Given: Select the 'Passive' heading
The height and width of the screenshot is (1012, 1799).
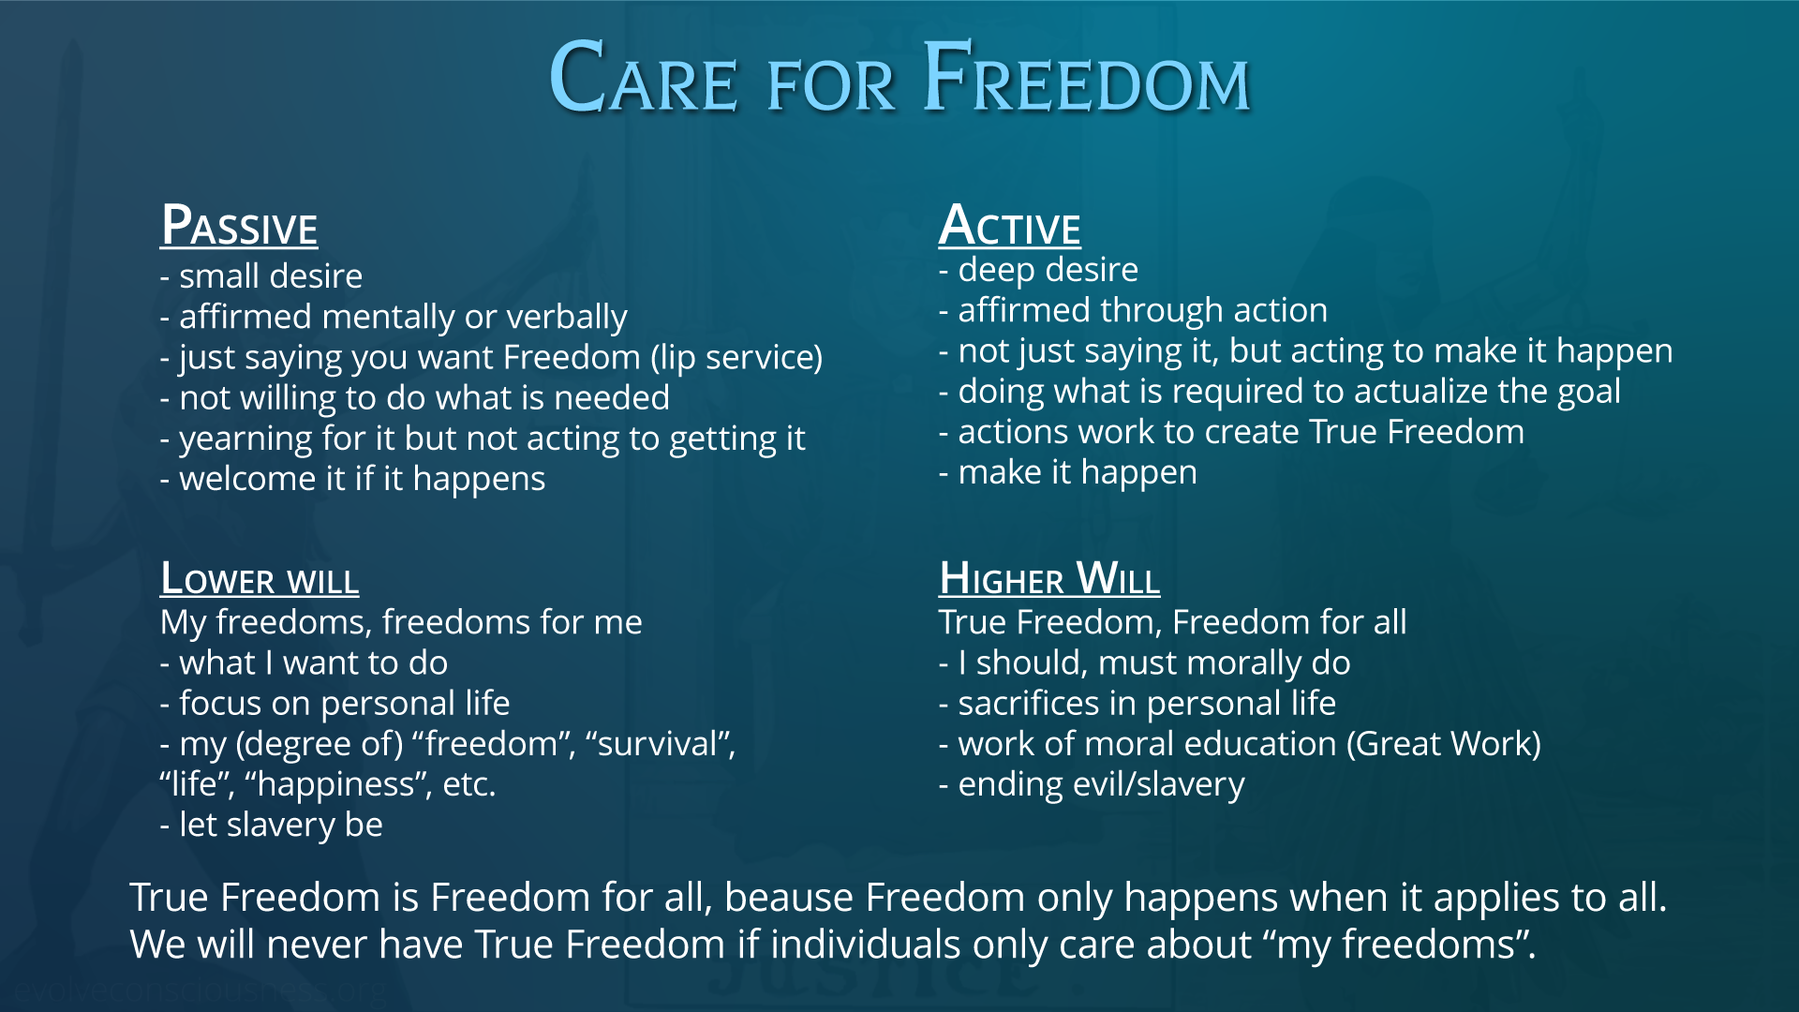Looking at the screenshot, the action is (x=239, y=226).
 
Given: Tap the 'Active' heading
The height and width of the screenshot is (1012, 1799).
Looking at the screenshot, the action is (x=1010, y=226).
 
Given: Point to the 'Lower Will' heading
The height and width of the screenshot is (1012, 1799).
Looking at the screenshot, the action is (x=260, y=578).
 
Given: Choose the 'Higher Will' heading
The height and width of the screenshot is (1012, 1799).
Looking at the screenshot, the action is (x=1049, y=578).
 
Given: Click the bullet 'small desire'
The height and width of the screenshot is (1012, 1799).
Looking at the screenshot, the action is (x=261, y=276).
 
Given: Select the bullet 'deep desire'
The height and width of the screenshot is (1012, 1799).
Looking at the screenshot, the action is (x=1038, y=270).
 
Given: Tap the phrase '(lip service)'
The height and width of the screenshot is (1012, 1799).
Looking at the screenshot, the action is (x=737, y=358).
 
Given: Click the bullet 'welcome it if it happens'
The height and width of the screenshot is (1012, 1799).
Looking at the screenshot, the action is (x=352, y=479).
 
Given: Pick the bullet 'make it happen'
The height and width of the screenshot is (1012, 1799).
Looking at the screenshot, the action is (x=1068, y=472).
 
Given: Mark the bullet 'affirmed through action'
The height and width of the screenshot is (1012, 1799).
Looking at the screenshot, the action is (x=1134, y=310).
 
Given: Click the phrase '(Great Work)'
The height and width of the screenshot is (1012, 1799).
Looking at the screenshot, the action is (x=1444, y=744).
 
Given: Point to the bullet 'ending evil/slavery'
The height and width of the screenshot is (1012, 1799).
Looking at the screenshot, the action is (x=1092, y=784).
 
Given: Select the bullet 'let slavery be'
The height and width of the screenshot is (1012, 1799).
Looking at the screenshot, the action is (x=272, y=825).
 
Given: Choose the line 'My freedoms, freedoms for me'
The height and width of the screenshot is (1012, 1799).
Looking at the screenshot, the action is (x=401, y=622).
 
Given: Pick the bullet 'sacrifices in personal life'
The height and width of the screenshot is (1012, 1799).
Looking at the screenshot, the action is (x=1137, y=704).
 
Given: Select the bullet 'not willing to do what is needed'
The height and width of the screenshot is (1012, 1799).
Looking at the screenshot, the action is (x=415, y=398).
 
